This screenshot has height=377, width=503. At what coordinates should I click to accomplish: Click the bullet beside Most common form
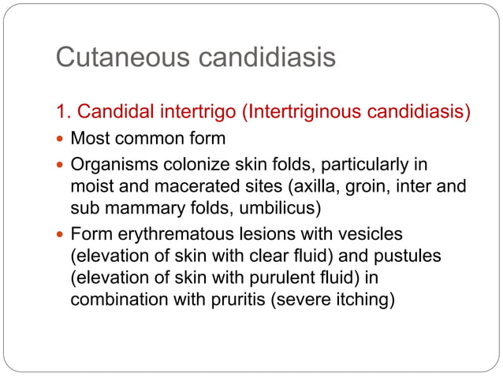61,140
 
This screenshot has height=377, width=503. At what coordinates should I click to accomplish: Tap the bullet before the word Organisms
61,166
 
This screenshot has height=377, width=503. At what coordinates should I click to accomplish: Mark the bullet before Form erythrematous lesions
61,234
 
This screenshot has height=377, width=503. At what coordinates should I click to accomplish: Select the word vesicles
368,234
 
